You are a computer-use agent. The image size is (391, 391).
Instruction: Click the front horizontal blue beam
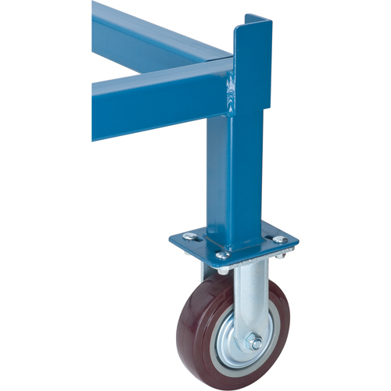(149, 102)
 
